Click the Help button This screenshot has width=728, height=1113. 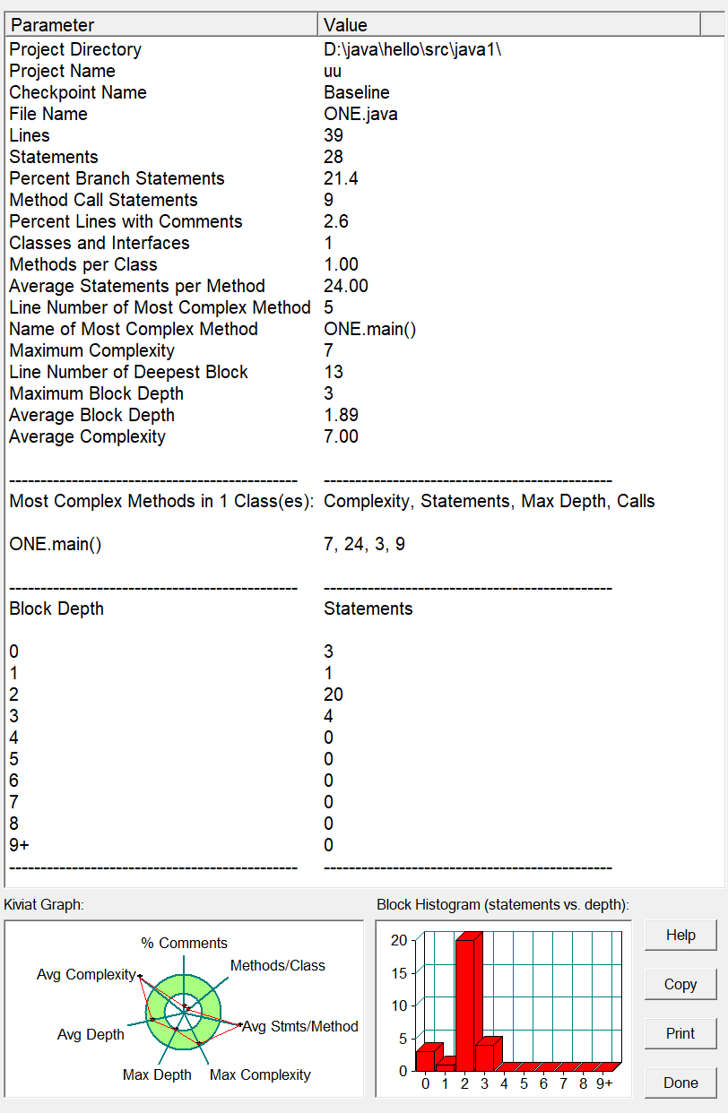(x=680, y=936)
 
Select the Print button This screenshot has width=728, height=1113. (x=680, y=1033)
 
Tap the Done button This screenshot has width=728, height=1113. (x=680, y=1083)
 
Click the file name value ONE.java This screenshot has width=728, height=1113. (x=360, y=114)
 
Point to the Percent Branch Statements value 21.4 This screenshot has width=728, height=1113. (x=341, y=178)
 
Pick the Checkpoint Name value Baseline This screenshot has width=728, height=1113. (x=356, y=92)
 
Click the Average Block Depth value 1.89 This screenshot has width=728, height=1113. (x=341, y=415)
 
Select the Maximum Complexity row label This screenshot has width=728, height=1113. (x=91, y=350)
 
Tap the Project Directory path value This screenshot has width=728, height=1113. (x=412, y=49)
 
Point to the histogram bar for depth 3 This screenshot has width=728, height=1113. (x=486, y=1056)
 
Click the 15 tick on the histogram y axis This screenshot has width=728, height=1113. (x=399, y=972)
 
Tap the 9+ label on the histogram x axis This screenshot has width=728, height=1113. (x=604, y=1083)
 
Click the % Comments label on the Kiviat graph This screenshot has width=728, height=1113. (x=184, y=943)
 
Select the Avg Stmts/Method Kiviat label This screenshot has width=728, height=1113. (x=300, y=1026)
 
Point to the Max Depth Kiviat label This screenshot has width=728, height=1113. (x=157, y=1074)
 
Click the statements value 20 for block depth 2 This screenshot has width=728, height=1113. (x=334, y=695)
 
